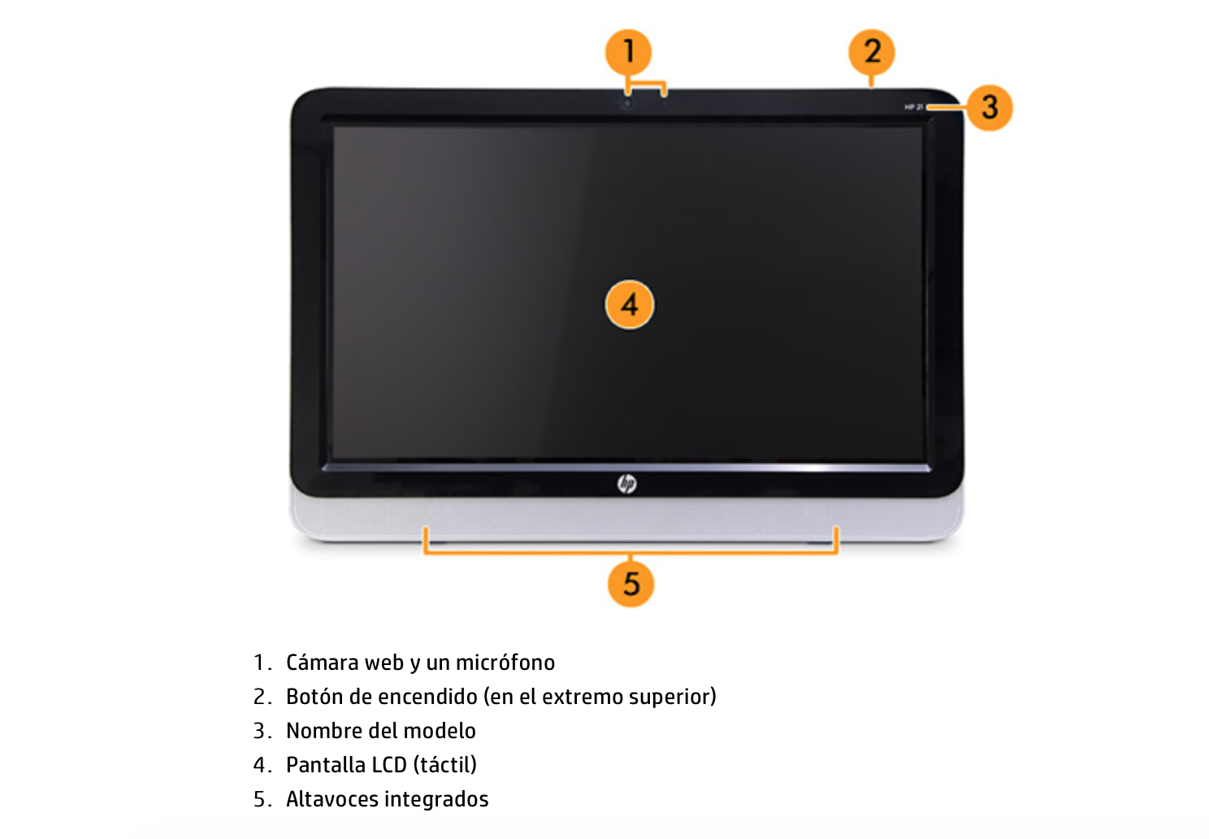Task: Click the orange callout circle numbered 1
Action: tap(628, 52)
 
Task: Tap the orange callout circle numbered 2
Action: tap(871, 52)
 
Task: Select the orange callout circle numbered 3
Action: tap(989, 107)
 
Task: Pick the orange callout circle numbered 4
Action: tap(629, 305)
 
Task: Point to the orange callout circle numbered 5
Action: tap(630, 584)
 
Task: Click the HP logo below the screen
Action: tap(626, 484)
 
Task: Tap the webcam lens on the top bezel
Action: tap(627, 102)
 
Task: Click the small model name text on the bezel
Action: tap(913, 107)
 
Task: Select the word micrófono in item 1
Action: tap(505, 663)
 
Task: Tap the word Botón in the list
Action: tap(314, 697)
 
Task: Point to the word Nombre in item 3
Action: tap(323, 731)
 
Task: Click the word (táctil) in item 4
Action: tap(444, 765)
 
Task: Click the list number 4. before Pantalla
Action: tap(262, 765)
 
